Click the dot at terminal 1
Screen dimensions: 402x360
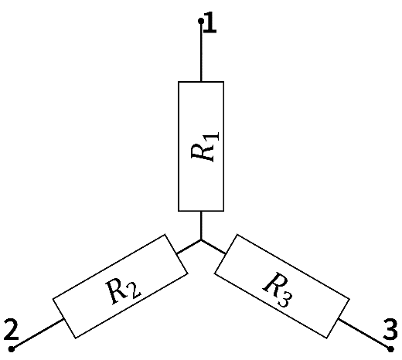pyautogui.click(x=201, y=21)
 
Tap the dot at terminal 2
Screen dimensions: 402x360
pyautogui.click(x=12, y=349)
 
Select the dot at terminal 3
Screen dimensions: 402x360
pyautogui.click(x=390, y=349)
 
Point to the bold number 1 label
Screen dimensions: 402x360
pyautogui.click(x=210, y=22)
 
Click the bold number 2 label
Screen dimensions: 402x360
pyautogui.click(x=12, y=329)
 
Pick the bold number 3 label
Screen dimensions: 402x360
pyautogui.click(x=390, y=329)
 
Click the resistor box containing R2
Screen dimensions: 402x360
pyautogui.click(x=120, y=286)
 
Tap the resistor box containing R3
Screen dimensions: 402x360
pyautogui.click(x=282, y=286)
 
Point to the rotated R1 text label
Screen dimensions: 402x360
pyautogui.click(x=205, y=147)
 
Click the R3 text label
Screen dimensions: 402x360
pyautogui.click(x=278, y=290)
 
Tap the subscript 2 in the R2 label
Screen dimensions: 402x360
pyautogui.click(x=135, y=291)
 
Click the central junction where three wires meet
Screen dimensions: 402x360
pyautogui.click(x=201, y=240)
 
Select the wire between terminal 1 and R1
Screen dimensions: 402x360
pyautogui.click(x=201, y=53)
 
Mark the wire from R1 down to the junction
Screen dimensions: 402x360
pyautogui.click(x=201, y=226)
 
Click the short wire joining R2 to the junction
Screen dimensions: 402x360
pyautogui.click(x=189, y=247)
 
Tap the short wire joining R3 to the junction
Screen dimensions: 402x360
pyautogui.click(x=213, y=247)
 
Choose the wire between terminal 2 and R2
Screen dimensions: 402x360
pyautogui.click(x=38, y=335)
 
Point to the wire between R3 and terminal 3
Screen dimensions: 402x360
pyautogui.click(x=364, y=335)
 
